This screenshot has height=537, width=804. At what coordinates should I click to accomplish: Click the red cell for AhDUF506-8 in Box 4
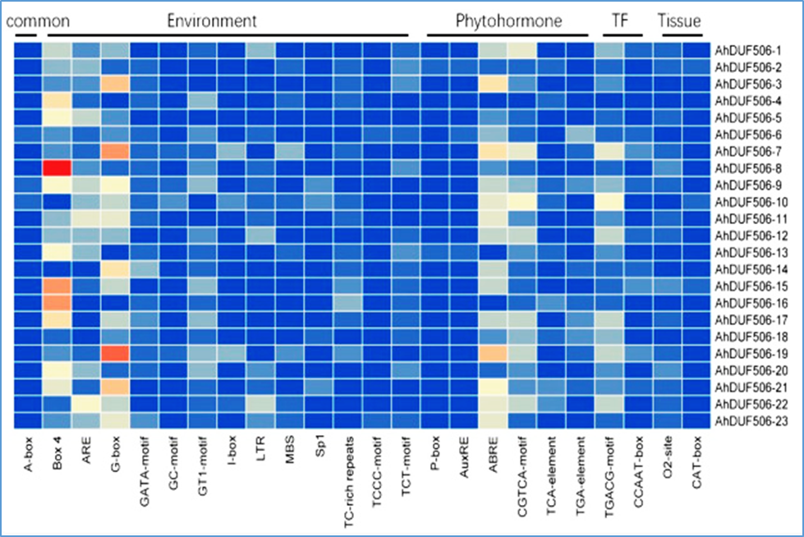(57, 168)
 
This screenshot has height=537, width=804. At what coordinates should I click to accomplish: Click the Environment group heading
(212, 20)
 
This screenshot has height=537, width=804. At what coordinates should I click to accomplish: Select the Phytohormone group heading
(508, 20)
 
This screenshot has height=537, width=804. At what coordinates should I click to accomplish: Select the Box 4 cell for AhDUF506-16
(57, 303)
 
